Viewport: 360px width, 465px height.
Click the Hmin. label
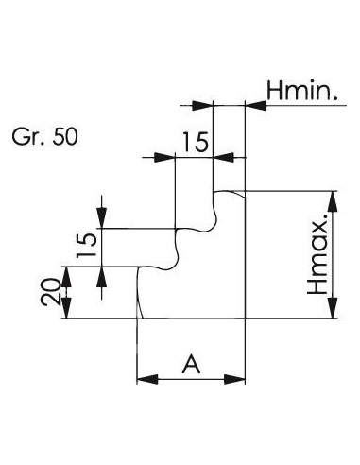(x=302, y=91)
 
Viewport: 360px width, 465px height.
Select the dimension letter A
(x=191, y=364)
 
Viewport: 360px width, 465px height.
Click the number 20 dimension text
(x=50, y=292)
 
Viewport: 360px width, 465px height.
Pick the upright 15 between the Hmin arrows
(x=196, y=142)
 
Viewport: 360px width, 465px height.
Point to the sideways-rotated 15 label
(x=86, y=245)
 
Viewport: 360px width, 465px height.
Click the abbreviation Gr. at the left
(x=26, y=137)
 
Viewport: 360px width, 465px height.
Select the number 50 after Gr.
(x=65, y=137)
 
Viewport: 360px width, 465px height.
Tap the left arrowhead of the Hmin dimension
(x=202, y=105)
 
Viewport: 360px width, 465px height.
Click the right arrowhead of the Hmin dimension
(x=255, y=105)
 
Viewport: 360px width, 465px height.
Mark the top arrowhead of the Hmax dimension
(x=333, y=201)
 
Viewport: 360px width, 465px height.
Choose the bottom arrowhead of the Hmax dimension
(x=333, y=307)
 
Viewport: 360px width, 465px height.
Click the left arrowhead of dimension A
(x=147, y=379)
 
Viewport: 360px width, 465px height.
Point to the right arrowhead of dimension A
(x=234, y=379)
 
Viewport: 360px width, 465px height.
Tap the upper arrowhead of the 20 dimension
(x=66, y=277)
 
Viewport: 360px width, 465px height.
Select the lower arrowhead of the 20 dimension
(x=66, y=309)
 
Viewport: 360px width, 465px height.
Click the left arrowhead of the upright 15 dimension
(x=164, y=157)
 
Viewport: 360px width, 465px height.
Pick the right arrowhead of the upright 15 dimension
(x=224, y=157)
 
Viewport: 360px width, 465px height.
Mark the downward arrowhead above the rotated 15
(x=101, y=217)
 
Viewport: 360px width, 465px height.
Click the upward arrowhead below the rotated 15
(x=101, y=277)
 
